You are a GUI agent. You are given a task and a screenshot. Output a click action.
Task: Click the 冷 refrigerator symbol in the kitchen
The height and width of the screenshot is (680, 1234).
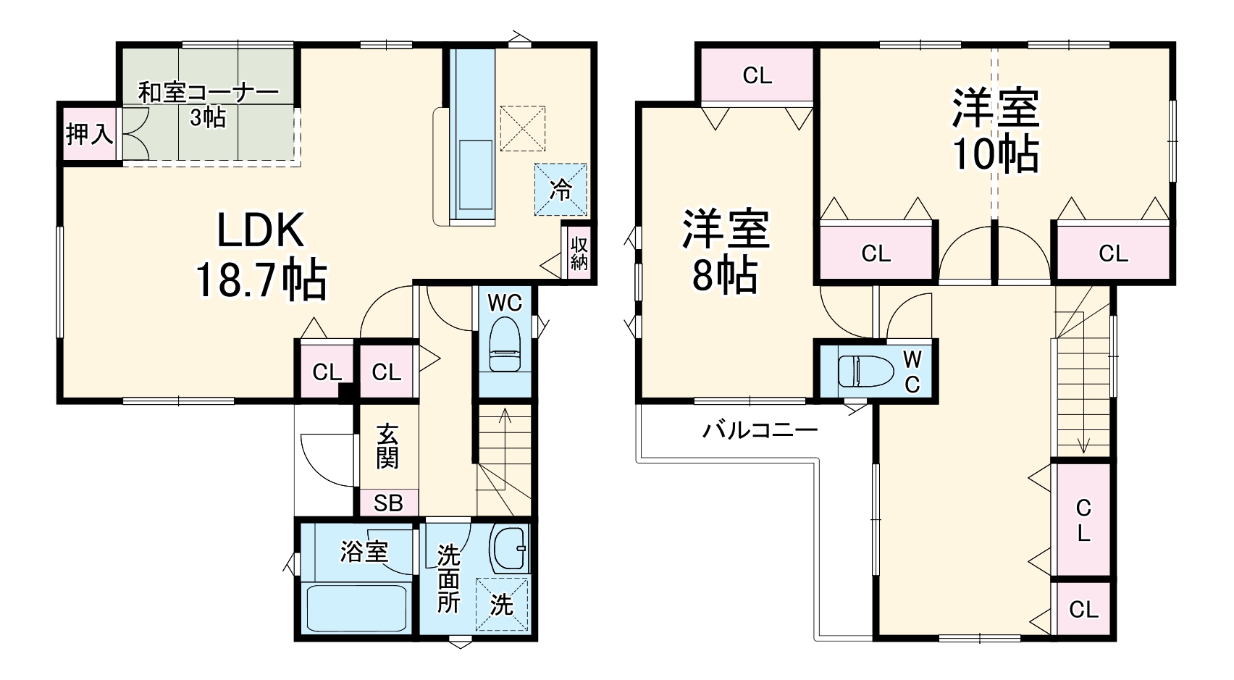[x=561, y=190]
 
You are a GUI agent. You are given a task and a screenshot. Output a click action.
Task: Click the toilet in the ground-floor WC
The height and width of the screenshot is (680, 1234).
[x=505, y=346]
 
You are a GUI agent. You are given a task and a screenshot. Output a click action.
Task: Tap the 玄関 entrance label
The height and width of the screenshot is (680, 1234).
[x=387, y=447]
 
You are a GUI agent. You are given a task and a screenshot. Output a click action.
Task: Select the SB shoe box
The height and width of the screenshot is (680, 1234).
[x=388, y=502]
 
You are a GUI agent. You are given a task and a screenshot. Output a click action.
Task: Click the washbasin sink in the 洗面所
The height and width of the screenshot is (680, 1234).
[x=510, y=548]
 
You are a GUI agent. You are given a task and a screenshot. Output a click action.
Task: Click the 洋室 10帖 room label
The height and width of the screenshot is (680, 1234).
[x=996, y=130]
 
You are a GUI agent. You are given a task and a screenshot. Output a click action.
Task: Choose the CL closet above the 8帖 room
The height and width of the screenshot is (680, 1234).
[x=757, y=75]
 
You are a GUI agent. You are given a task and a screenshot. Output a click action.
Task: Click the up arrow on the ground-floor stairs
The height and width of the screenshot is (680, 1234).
[x=505, y=420]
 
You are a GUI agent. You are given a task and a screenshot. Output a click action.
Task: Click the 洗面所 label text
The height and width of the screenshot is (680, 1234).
[x=448, y=579]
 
